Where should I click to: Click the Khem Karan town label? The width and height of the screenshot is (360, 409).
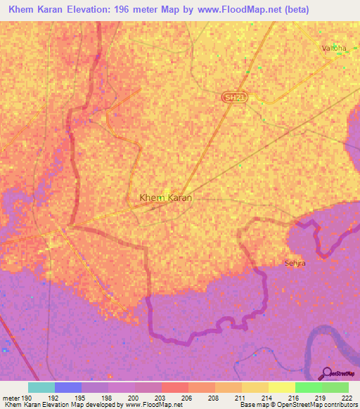[x=166, y=198]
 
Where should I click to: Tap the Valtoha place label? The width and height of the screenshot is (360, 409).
[x=330, y=48]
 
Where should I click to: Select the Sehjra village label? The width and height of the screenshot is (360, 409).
[x=295, y=263]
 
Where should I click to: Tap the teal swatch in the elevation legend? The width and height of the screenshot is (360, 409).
[x=41, y=387]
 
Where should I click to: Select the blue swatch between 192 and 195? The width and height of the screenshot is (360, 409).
[x=68, y=387]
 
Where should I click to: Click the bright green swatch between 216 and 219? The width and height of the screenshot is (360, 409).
[x=308, y=387]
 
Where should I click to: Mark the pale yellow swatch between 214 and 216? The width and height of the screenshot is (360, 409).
[x=281, y=387]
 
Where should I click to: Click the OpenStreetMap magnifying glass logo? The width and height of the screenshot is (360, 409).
[x=326, y=372]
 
